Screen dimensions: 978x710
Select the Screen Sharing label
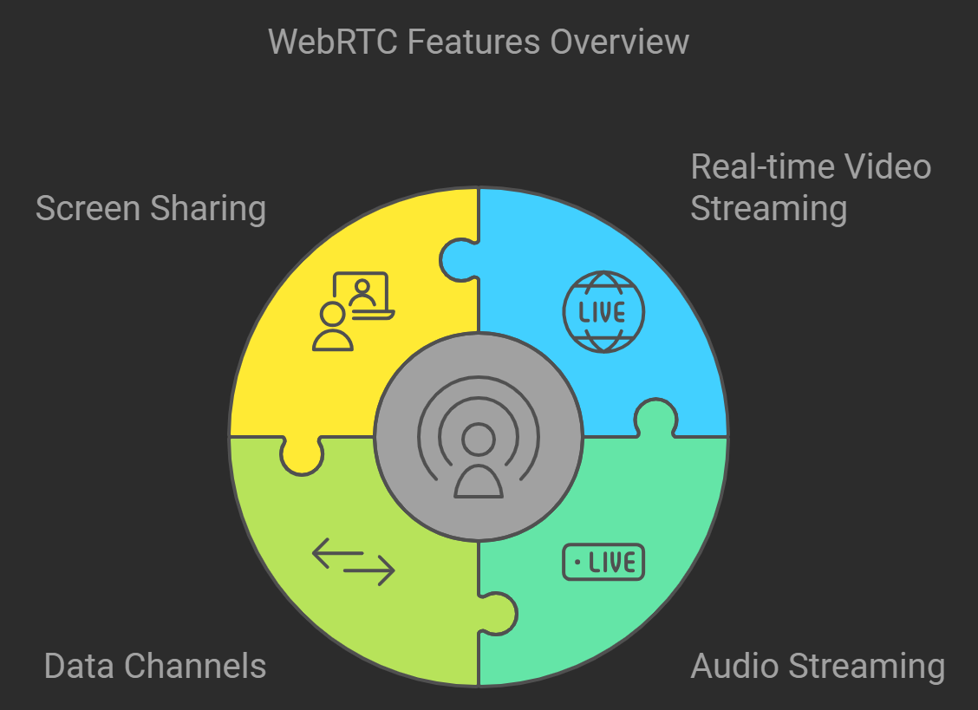150,209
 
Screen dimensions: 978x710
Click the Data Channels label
154,666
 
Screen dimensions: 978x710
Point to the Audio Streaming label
817,666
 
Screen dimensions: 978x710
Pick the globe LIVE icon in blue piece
603,312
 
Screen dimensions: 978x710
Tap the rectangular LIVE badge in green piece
603,563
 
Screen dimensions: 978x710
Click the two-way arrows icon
353,561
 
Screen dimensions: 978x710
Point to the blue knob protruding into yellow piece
457,257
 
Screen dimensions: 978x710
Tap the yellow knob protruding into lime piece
302,456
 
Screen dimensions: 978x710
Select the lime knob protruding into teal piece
499,613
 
